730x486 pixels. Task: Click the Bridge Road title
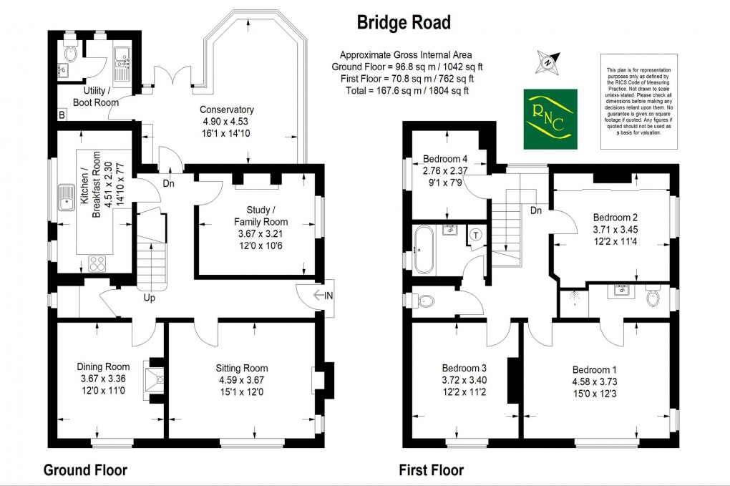click(404, 23)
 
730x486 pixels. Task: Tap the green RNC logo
click(550, 119)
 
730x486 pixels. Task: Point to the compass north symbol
click(547, 63)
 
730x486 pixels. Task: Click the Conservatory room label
click(227, 110)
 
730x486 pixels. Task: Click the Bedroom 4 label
click(445, 159)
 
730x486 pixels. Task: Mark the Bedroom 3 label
click(464, 369)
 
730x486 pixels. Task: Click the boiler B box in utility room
click(62, 115)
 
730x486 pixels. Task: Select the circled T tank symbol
click(476, 235)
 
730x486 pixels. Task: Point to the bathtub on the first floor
click(423, 250)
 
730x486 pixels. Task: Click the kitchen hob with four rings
click(97, 262)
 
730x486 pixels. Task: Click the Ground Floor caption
click(86, 470)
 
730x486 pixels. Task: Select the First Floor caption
click(432, 470)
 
